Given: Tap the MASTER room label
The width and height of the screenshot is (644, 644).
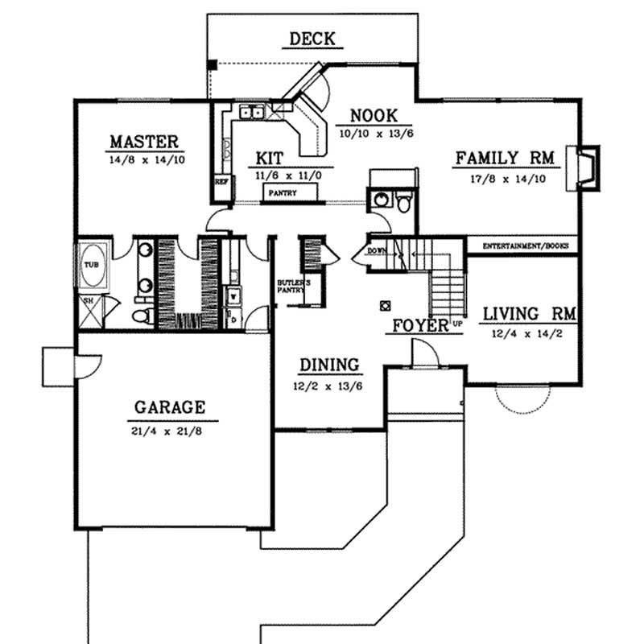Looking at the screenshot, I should click(145, 142).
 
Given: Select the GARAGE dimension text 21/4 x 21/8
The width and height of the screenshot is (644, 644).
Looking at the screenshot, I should click(171, 430).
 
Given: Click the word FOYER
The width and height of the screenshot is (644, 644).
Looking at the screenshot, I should click(419, 326).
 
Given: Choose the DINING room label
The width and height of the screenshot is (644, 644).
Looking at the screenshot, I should click(329, 366).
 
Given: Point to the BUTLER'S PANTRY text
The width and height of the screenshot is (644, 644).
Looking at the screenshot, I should click(290, 288).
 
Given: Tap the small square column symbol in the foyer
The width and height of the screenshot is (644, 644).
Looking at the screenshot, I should click(385, 305).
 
